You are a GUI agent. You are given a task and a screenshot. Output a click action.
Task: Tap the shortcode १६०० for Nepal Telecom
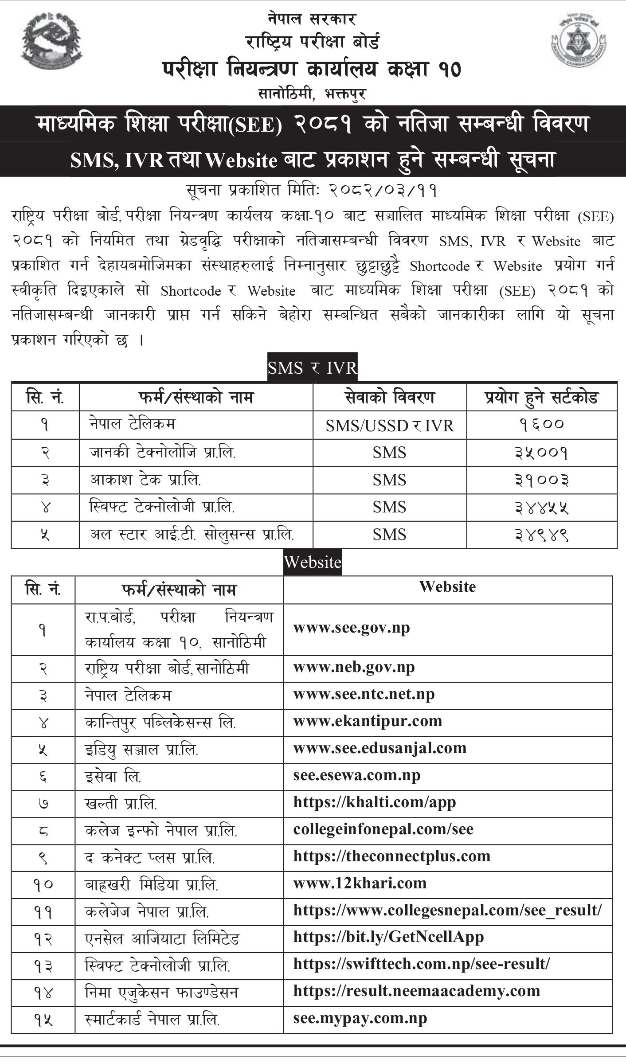(541, 425)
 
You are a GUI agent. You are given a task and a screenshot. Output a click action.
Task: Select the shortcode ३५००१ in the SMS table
(541, 453)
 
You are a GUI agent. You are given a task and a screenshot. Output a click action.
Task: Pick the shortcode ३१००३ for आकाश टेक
(541, 480)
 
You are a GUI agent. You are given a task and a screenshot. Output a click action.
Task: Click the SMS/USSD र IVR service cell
(390, 426)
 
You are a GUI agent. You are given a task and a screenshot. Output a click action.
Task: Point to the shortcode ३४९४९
(541, 535)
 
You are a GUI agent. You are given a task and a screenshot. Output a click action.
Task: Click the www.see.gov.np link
(352, 628)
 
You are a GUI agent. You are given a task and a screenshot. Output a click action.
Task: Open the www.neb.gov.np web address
(354, 667)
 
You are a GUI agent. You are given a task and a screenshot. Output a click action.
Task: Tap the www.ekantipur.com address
(368, 721)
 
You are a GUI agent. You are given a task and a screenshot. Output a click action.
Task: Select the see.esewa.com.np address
(357, 775)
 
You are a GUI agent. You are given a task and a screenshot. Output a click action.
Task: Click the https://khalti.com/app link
(375, 802)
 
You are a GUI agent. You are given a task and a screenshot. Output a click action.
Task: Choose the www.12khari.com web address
(360, 883)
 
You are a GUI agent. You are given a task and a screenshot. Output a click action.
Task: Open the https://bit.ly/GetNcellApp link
(388, 937)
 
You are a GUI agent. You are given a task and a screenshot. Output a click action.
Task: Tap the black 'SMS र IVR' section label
(312, 368)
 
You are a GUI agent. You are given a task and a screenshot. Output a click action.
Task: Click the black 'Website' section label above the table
(313, 562)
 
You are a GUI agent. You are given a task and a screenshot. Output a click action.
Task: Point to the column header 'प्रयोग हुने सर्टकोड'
(541, 397)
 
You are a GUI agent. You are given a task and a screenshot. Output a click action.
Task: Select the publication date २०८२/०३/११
(383, 191)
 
